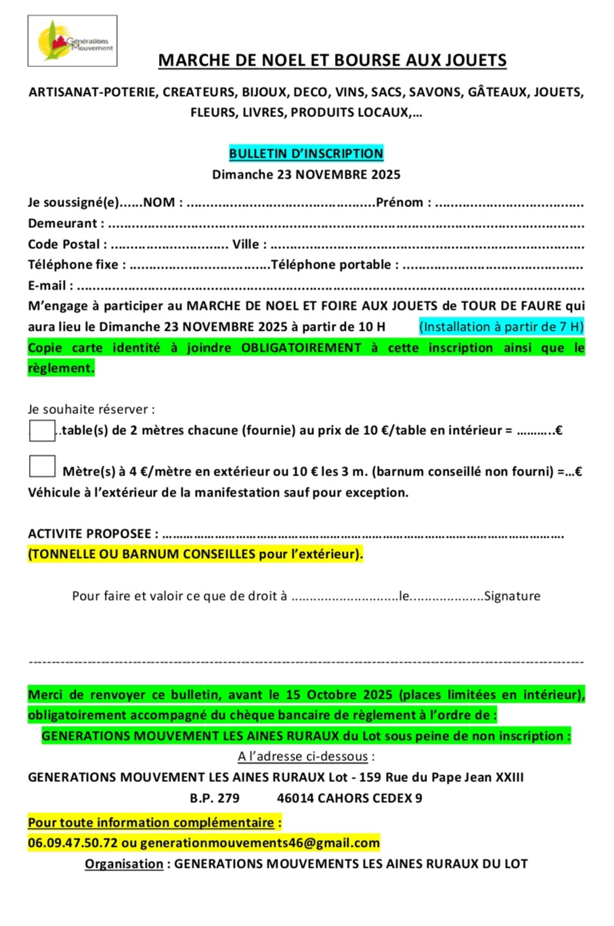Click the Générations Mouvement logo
click(72, 41)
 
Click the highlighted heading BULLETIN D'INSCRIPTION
click(306, 154)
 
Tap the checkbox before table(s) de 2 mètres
click(42, 430)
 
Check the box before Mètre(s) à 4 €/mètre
click(42, 467)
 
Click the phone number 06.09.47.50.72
click(72, 843)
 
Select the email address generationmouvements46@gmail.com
click(260, 843)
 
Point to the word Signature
click(512, 596)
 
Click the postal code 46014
click(295, 798)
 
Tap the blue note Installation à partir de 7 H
click(501, 327)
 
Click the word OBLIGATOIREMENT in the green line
click(301, 348)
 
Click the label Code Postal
click(64, 244)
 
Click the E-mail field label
click(47, 285)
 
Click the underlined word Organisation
click(124, 864)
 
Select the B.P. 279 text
click(215, 798)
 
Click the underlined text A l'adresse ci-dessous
click(303, 756)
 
